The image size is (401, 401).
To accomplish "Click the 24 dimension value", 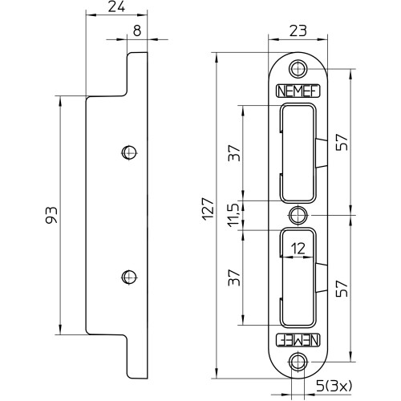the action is (x=116, y=7).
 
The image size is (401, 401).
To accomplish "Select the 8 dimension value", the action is (x=137, y=30).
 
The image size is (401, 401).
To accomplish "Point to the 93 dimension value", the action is (x=51, y=215).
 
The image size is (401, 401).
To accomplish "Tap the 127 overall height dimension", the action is (x=208, y=209).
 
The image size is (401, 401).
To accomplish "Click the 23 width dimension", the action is (x=298, y=30).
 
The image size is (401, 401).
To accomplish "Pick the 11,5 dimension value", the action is (x=233, y=216).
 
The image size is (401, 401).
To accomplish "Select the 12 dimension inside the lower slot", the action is (x=298, y=249).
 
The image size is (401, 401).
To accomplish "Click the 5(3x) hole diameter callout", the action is (x=334, y=386).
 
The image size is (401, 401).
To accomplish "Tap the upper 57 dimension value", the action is (x=342, y=142).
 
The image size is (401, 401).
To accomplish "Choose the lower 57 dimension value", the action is (x=342, y=289).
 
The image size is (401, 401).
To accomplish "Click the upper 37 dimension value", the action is (x=234, y=152).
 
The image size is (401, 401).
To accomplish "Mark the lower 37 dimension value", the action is (x=234, y=277).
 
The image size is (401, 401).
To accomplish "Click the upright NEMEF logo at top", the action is (x=298, y=91).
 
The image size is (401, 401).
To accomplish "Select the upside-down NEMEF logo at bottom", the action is (x=298, y=340).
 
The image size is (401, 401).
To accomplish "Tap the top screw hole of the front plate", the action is (x=298, y=69).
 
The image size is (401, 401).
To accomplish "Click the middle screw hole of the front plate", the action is (x=298, y=215).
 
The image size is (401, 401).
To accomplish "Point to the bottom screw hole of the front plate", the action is (x=298, y=362).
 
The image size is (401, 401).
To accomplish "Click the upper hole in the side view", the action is (x=129, y=152).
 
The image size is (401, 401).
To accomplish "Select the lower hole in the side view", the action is (x=129, y=277).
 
